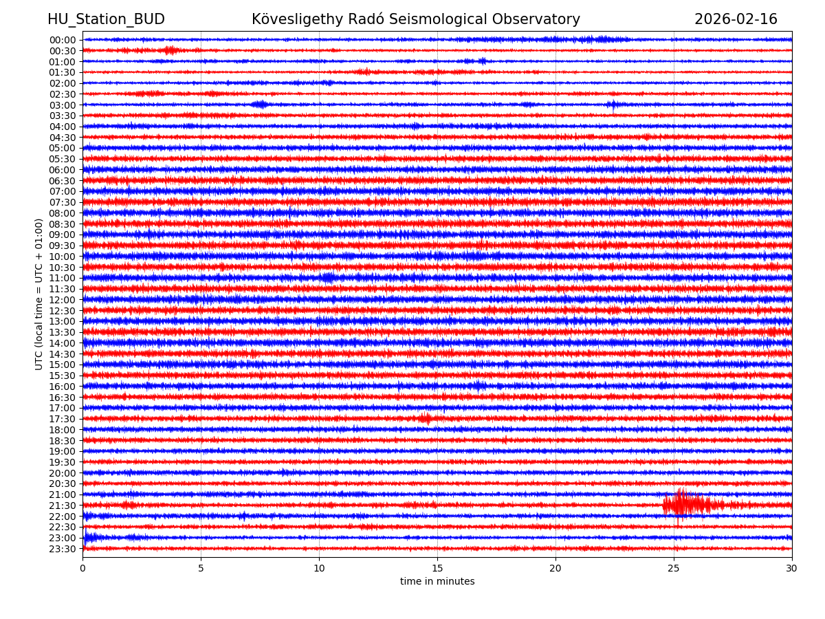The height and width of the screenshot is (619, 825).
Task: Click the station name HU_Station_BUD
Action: coord(106,19)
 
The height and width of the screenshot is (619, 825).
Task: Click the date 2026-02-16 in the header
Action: coord(736,19)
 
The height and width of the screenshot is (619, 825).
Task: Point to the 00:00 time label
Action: coord(63,40)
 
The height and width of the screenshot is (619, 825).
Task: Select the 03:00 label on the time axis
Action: coord(63,105)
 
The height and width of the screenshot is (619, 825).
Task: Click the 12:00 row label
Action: coord(63,300)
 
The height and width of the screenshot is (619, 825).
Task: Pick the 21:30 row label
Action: coord(63,506)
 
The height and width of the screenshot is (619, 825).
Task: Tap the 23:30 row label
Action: coord(63,549)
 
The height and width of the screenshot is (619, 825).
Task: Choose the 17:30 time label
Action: coord(63,419)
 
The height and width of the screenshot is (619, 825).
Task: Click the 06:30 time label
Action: coord(63,181)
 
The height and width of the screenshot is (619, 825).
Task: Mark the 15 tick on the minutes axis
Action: coord(437,569)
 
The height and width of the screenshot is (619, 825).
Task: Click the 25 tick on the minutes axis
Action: coord(674,569)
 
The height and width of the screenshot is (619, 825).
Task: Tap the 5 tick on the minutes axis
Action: coord(201,569)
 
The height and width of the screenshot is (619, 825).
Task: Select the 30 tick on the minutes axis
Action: coord(792,569)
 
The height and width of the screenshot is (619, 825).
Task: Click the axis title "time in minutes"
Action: coord(437,582)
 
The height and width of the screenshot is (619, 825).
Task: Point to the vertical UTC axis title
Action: coord(39,294)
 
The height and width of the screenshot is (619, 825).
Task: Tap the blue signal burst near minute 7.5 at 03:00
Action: coord(260,105)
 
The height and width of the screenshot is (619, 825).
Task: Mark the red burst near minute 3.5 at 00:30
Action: coord(169,50)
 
